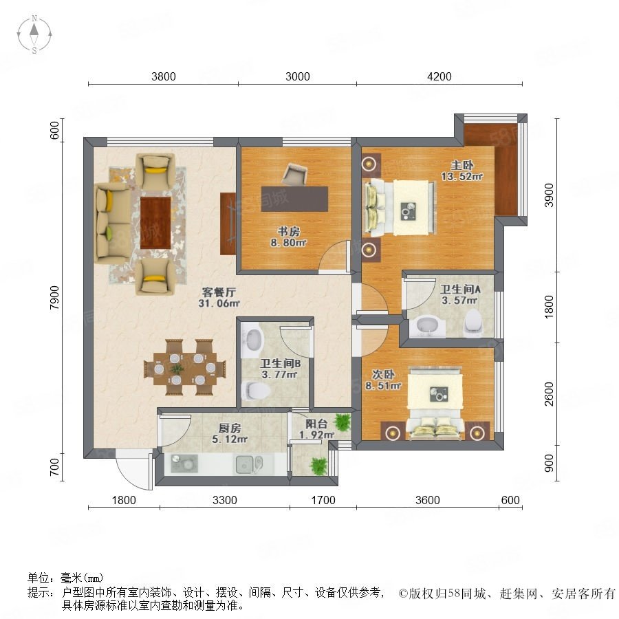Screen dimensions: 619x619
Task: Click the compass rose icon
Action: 34,34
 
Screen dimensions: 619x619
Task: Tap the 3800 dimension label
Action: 164,76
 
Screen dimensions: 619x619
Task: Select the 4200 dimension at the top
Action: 439,76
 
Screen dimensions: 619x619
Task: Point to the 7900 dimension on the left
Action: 54,298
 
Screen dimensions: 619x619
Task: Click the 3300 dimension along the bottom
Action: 225,500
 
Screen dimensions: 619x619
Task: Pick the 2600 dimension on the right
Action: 549,393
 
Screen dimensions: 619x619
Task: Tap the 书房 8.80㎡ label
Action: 289,237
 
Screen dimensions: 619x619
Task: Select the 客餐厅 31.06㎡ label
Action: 219,298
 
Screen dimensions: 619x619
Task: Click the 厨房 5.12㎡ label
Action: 230,433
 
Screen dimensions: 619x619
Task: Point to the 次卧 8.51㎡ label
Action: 383,380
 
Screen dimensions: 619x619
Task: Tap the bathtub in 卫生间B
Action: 252,340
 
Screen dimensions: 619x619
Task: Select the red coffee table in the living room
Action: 155,223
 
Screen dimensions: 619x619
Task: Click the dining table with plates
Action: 185,368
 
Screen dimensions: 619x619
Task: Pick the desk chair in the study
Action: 294,174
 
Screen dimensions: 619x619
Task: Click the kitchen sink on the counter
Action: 249,464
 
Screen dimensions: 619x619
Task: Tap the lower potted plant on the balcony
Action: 319,466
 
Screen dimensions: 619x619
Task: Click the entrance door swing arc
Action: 132,472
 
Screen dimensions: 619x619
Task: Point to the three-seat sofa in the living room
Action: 113,223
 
